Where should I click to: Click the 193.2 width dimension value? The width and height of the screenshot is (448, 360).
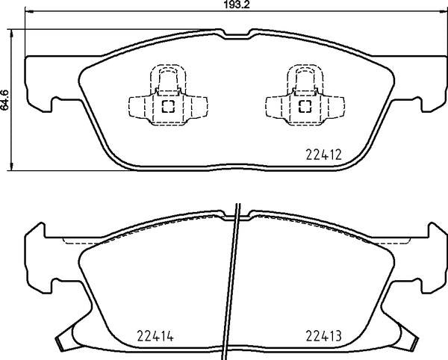click(237, 5)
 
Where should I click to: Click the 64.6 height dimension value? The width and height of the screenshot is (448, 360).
click(5, 100)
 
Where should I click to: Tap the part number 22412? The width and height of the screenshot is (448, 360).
click(323, 155)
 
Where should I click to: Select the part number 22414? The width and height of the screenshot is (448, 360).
click(155, 336)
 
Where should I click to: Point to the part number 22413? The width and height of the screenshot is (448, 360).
click(323, 336)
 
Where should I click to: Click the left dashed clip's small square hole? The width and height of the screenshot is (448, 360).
click(168, 106)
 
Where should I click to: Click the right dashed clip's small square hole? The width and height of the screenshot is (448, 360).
click(305, 106)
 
